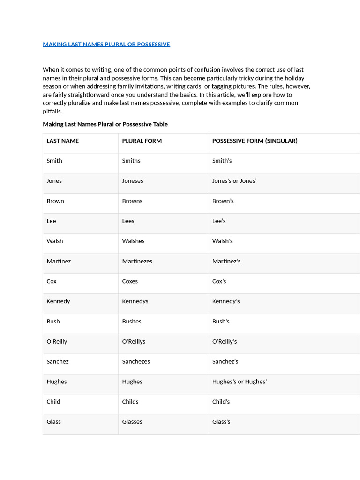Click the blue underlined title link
click(106, 45)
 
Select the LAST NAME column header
click(63, 141)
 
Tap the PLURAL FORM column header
click(142, 141)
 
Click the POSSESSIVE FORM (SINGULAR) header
click(255, 141)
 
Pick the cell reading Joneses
click(133, 181)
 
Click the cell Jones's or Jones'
click(234, 181)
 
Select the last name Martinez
click(59, 261)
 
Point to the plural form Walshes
click(134, 241)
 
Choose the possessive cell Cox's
click(219, 281)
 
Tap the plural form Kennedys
click(135, 301)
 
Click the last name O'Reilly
click(57, 342)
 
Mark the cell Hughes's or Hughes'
click(240, 382)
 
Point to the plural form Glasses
click(132, 422)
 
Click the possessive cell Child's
click(221, 402)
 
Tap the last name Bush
click(53, 322)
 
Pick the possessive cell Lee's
click(219, 221)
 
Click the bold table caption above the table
click(105, 124)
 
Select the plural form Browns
click(132, 201)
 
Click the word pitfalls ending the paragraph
click(52, 112)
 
